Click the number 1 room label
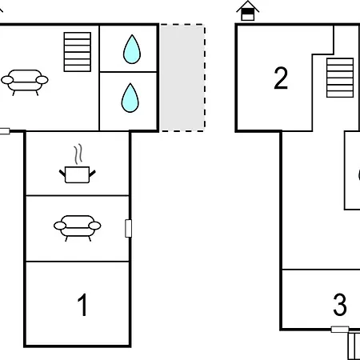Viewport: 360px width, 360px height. [82, 305]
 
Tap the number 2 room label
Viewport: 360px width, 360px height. [281, 78]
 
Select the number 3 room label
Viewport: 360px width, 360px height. [340, 305]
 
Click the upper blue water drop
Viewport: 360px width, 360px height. [132, 50]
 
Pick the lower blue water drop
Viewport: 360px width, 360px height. [130, 98]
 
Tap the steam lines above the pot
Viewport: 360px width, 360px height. [78, 154]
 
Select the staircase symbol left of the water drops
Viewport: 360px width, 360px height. [78, 52]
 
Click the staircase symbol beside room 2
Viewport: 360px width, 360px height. [340, 78]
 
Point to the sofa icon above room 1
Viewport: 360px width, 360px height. [78, 228]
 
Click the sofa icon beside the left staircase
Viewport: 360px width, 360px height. [25, 82]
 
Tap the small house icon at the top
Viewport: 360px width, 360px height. [247, 10]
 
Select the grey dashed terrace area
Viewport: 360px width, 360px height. [182, 78]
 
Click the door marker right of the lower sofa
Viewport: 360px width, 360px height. [128, 228]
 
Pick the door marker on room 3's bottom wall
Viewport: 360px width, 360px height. [340, 330]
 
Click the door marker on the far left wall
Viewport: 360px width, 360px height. [5, 131]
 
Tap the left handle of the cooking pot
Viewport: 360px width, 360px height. [62, 173]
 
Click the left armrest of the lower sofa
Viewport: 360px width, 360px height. [60, 226]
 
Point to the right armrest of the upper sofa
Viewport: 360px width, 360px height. [42, 80]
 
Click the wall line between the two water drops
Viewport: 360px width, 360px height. [128, 72]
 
